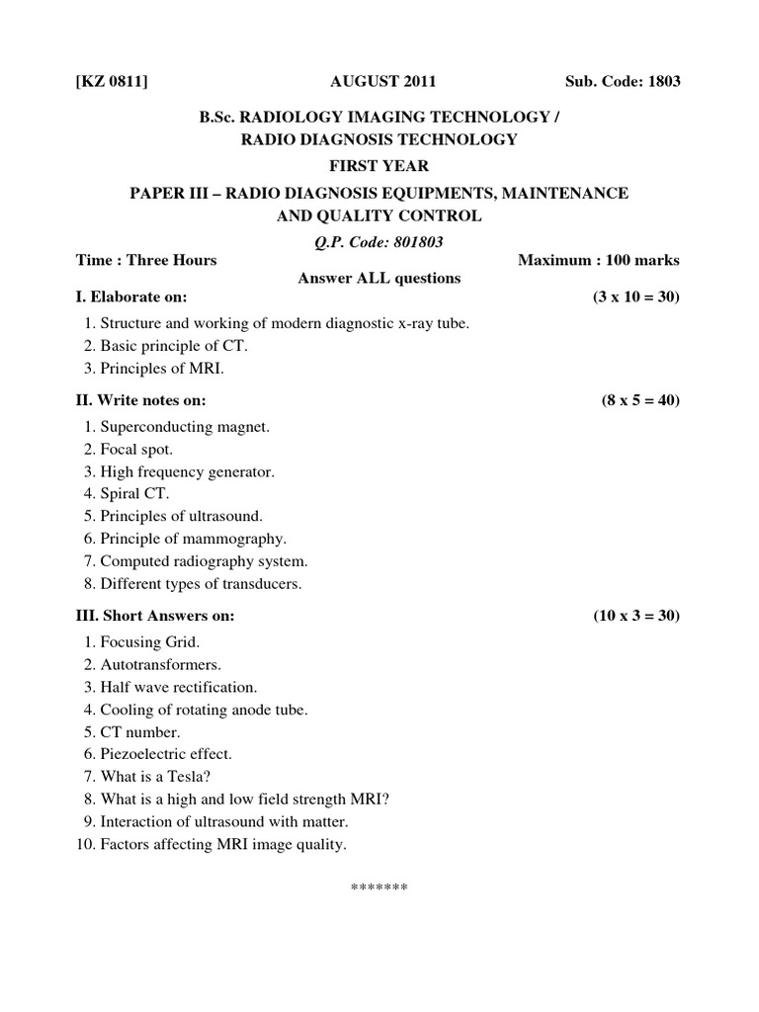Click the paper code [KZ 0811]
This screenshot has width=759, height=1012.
[x=113, y=81]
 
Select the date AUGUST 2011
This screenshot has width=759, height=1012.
[x=379, y=81]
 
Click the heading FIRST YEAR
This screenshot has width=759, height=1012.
[x=379, y=166]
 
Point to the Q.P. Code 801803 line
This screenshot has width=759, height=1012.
[x=379, y=239]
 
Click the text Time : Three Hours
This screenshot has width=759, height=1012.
[x=146, y=260]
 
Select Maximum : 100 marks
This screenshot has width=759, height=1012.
[x=598, y=260]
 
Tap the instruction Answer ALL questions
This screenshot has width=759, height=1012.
[x=379, y=278]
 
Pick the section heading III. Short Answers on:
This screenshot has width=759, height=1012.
[x=156, y=616]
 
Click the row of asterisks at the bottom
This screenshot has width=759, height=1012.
[x=379, y=887]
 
